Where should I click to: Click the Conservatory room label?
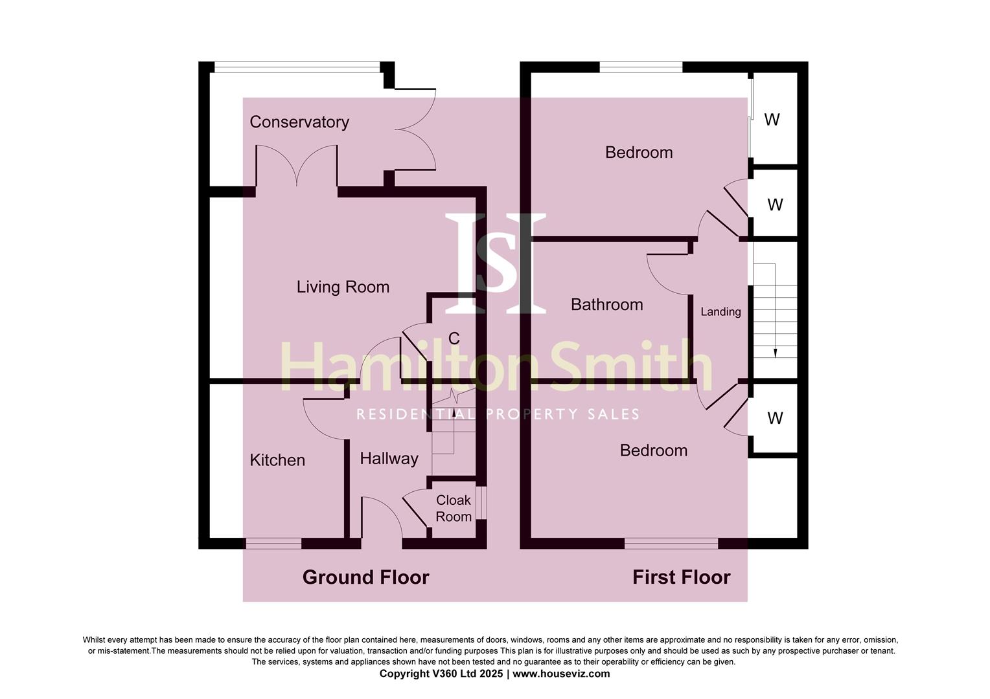click(x=299, y=122)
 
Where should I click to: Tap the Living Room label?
click(x=343, y=287)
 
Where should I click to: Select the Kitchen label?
click(x=277, y=460)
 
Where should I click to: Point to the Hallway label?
click(x=389, y=458)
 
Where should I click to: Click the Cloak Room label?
click(x=454, y=508)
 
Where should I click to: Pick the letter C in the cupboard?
click(x=454, y=338)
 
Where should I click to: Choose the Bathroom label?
click(x=606, y=304)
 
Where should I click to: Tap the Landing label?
click(x=720, y=312)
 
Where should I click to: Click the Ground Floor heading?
click(x=365, y=577)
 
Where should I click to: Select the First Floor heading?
click(x=681, y=577)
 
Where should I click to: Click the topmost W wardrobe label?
click(x=772, y=120)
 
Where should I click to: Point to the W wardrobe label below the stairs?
click(x=775, y=418)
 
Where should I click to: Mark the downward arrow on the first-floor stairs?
click(x=776, y=351)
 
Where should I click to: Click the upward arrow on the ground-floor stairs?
click(x=454, y=395)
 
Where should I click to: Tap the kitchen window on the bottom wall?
click(x=273, y=544)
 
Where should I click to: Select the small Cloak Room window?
click(x=481, y=502)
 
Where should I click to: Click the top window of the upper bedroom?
click(x=641, y=67)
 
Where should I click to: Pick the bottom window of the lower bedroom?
click(x=671, y=544)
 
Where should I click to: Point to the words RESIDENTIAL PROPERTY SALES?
click(x=498, y=414)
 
